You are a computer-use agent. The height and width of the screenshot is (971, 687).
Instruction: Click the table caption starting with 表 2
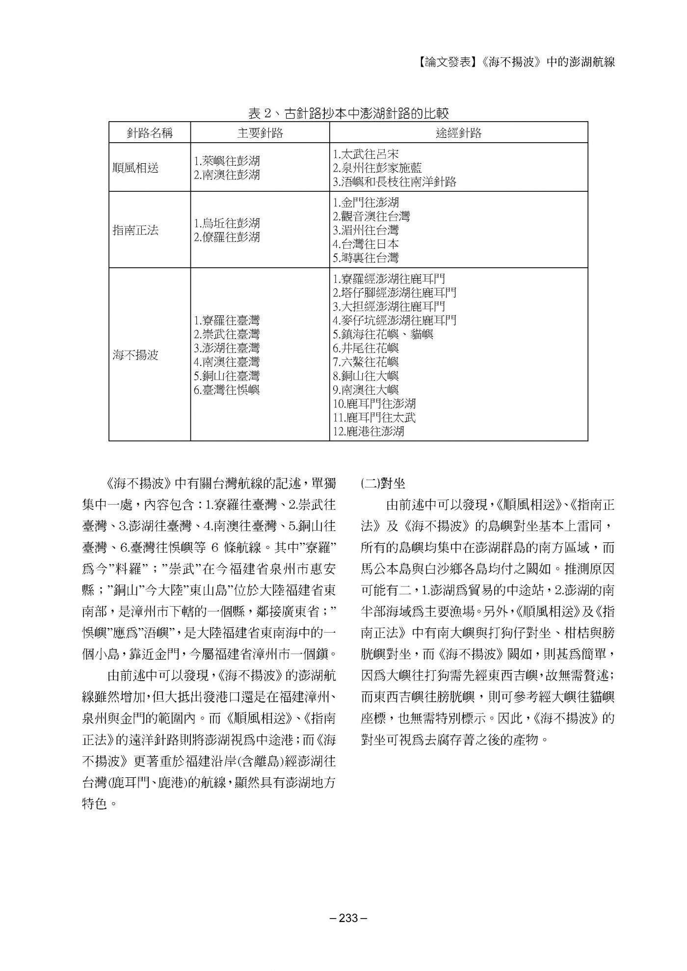click(348, 113)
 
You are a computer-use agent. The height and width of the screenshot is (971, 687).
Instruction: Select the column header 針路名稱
click(150, 132)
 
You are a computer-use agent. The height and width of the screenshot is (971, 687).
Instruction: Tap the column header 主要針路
click(260, 132)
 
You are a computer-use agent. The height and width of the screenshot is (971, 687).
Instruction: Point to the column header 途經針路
click(458, 132)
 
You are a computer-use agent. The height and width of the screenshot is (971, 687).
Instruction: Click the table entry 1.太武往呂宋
click(366, 154)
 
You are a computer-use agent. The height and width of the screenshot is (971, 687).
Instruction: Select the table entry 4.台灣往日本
click(366, 244)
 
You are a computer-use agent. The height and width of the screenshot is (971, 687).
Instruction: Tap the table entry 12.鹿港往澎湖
click(368, 432)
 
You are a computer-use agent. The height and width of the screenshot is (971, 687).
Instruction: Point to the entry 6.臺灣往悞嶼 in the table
click(227, 390)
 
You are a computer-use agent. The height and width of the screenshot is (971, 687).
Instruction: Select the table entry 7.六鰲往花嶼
click(366, 362)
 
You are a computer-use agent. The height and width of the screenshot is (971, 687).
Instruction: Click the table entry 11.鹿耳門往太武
click(374, 418)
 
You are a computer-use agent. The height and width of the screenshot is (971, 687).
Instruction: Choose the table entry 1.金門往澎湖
click(366, 202)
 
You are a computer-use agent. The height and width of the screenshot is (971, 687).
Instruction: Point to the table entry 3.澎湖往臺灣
click(227, 348)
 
